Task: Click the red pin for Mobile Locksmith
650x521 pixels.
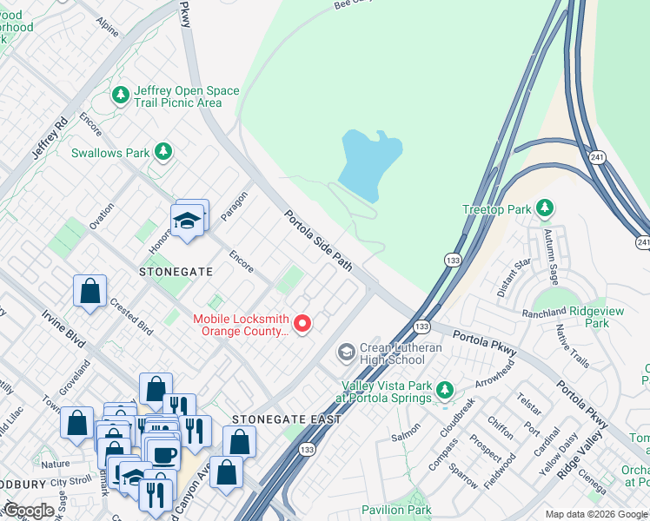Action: point(302,324)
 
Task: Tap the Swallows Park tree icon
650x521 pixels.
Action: point(162,152)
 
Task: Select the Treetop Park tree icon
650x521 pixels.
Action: point(544,208)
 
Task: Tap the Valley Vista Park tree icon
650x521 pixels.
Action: point(445,389)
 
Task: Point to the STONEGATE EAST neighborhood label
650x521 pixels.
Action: point(274,419)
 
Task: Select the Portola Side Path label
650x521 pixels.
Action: point(319,240)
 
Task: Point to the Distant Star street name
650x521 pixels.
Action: point(513,277)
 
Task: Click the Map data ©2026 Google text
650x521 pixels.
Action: point(595,514)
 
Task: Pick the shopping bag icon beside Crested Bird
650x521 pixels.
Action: point(90,291)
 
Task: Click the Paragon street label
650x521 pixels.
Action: point(235,206)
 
